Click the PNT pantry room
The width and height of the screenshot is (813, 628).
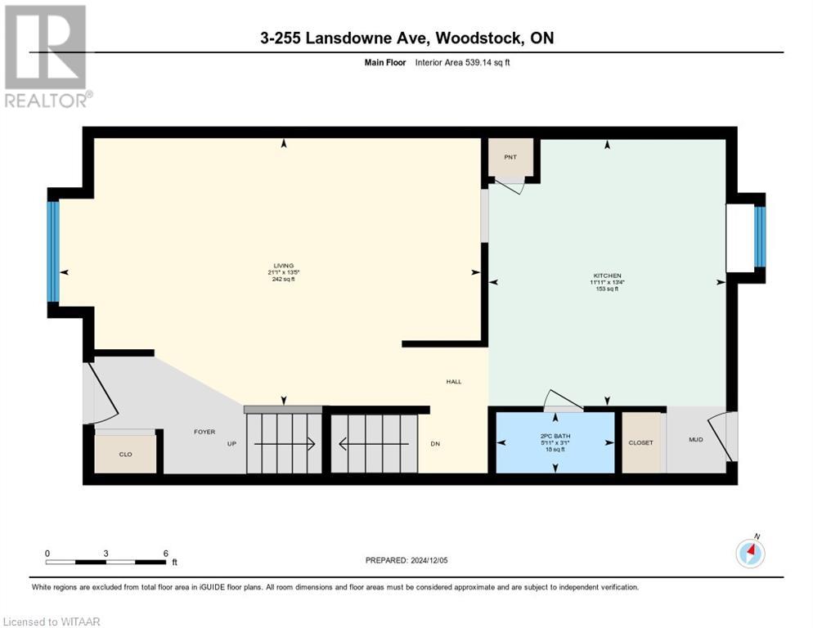click(511, 157)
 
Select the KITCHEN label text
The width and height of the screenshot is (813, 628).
click(607, 276)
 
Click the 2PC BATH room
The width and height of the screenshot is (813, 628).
click(555, 442)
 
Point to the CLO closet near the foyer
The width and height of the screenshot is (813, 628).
click(125, 454)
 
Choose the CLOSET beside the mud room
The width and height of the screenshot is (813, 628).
click(640, 442)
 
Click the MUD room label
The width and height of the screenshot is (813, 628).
click(695, 440)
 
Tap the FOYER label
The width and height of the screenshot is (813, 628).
click(204, 431)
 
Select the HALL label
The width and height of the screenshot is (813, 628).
click(453, 381)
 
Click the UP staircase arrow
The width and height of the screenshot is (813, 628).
click(285, 444)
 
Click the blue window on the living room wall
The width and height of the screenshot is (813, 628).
click(53, 251)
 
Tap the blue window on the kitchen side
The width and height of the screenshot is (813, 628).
click(759, 237)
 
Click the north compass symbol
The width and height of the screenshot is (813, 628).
click(750, 554)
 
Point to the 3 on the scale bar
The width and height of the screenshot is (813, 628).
click(106, 553)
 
